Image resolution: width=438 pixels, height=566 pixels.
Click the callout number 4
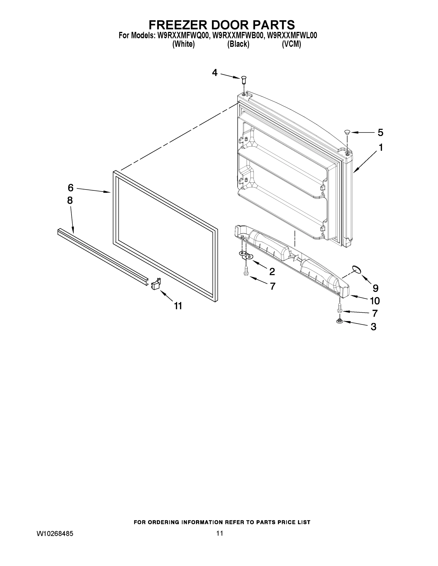pyautogui.click(x=215, y=73)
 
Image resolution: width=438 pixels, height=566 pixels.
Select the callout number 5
pyautogui.click(x=380, y=133)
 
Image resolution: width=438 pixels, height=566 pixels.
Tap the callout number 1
pyautogui.click(x=381, y=148)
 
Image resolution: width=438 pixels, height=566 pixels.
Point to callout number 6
pyautogui.click(x=71, y=188)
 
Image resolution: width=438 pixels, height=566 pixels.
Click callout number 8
pyautogui.click(x=70, y=200)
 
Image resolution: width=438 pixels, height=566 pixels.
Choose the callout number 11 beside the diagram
pyautogui.click(x=178, y=306)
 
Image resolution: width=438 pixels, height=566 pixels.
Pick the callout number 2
pyautogui.click(x=272, y=272)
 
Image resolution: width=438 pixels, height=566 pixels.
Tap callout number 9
pyautogui.click(x=375, y=288)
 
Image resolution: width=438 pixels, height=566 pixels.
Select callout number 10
pyautogui.click(x=375, y=301)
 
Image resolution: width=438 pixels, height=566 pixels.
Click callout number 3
pyautogui.click(x=373, y=327)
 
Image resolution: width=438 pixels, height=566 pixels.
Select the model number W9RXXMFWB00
pyautogui.click(x=237, y=36)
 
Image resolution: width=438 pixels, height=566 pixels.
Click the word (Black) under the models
pyautogui.click(x=238, y=44)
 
